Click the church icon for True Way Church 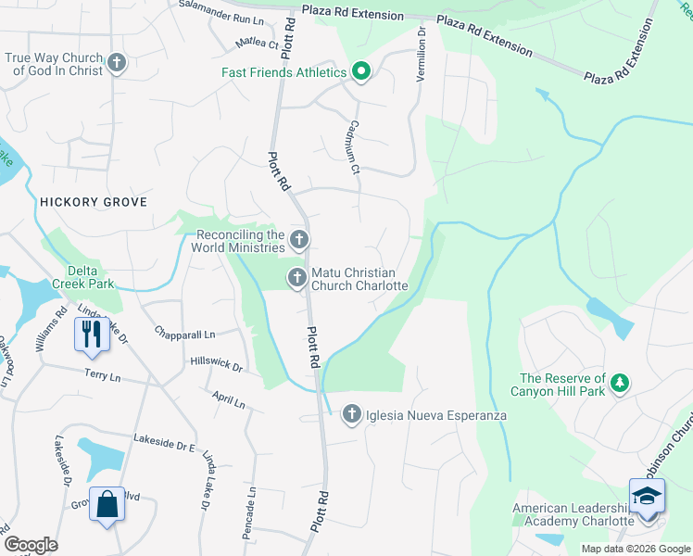tap(116, 63)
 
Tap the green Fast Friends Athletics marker tap(359, 72)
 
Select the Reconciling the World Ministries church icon tap(298, 241)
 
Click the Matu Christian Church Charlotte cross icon tap(297, 276)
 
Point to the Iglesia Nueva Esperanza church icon tap(352, 414)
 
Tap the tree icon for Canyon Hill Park tap(621, 382)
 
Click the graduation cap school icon tap(647, 495)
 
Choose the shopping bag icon tap(107, 504)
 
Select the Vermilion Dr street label tap(422, 55)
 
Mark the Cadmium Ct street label tap(352, 146)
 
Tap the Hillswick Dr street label tap(216, 364)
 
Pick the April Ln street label tap(228, 399)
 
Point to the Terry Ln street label tap(102, 375)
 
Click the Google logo tap(31, 545)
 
